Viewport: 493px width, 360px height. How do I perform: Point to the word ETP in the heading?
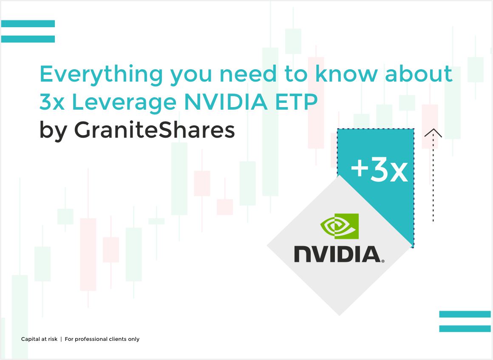point(297,102)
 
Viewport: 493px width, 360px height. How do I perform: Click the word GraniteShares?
point(154,130)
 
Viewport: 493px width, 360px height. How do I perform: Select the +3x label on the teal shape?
point(380,170)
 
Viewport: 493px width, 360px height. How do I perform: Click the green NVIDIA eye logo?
point(340,226)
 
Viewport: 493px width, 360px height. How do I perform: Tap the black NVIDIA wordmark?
point(339,254)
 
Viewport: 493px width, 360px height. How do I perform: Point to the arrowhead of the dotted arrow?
point(433,133)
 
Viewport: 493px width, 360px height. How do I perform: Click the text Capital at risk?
point(39,339)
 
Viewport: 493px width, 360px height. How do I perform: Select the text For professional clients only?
point(102,339)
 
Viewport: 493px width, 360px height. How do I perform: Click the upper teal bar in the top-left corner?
point(28,23)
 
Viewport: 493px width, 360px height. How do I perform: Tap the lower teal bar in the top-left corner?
point(28,39)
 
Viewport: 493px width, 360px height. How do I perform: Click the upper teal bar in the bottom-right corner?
point(465,314)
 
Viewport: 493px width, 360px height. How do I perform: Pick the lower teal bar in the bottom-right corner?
point(465,329)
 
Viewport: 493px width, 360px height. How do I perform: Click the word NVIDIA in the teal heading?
point(226,102)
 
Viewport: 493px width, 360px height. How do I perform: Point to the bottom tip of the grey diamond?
point(340,315)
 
